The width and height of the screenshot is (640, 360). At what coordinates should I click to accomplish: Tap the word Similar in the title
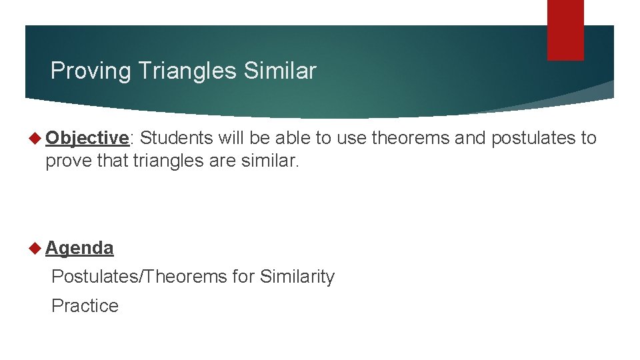280,71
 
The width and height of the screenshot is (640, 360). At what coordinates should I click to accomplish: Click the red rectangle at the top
565,29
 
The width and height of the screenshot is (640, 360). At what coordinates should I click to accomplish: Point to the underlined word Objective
87,138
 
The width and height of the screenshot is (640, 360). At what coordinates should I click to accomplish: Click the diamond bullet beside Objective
35,138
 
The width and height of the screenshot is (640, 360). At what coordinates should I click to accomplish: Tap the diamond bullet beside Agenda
35,248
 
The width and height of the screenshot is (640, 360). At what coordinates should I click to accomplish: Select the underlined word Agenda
79,248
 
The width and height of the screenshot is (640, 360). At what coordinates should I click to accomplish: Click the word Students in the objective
176,138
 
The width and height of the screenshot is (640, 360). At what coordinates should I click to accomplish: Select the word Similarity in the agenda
297,277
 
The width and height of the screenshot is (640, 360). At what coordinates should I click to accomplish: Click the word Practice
85,306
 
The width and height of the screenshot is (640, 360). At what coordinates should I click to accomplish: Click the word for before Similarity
243,277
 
